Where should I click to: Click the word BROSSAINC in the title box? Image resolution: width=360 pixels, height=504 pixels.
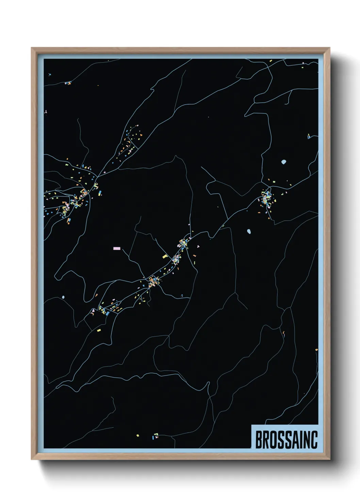(x=286, y=440)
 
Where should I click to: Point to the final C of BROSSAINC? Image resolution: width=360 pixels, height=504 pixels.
(x=314, y=440)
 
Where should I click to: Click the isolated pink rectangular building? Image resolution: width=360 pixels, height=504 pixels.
(x=117, y=249)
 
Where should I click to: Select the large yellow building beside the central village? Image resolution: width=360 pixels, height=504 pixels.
(x=165, y=256)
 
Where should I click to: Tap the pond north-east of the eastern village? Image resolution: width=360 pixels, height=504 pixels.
(x=284, y=162)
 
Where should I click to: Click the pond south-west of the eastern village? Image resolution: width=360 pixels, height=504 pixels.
(x=249, y=232)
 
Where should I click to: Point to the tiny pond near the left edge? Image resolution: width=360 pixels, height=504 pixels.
(x=63, y=297)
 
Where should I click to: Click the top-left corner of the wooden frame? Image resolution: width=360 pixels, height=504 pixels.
(x=32, y=48)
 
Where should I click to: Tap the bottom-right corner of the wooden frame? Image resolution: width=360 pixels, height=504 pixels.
(x=329, y=459)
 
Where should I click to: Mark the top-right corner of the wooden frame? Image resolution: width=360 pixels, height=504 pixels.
(x=329, y=48)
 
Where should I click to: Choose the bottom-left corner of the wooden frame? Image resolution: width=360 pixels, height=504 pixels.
(x=32, y=459)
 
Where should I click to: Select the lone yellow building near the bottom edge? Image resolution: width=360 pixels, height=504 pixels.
(x=137, y=435)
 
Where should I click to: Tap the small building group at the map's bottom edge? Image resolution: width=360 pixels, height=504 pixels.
(x=156, y=436)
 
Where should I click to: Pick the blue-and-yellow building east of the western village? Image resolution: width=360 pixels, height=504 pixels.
(x=100, y=193)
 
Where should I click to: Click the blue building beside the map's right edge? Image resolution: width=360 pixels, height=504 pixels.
(x=309, y=137)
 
